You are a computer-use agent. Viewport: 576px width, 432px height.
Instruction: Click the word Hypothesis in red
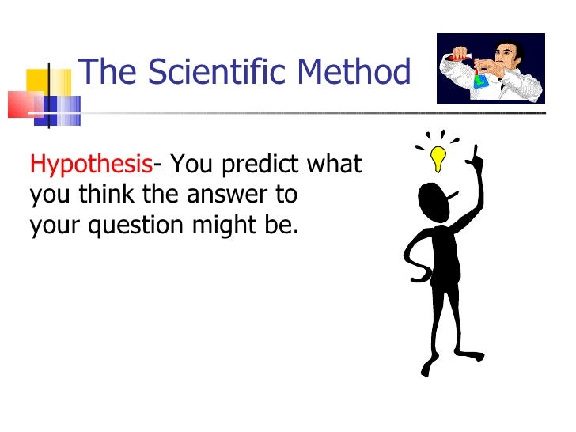click(x=91, y=166)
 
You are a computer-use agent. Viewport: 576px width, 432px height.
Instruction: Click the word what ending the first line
click(x=334, y=165)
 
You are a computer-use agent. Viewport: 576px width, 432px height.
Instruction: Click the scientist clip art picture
click(x=491, y=68)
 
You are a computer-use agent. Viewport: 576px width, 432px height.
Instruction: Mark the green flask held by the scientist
click(x=480, y=80)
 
